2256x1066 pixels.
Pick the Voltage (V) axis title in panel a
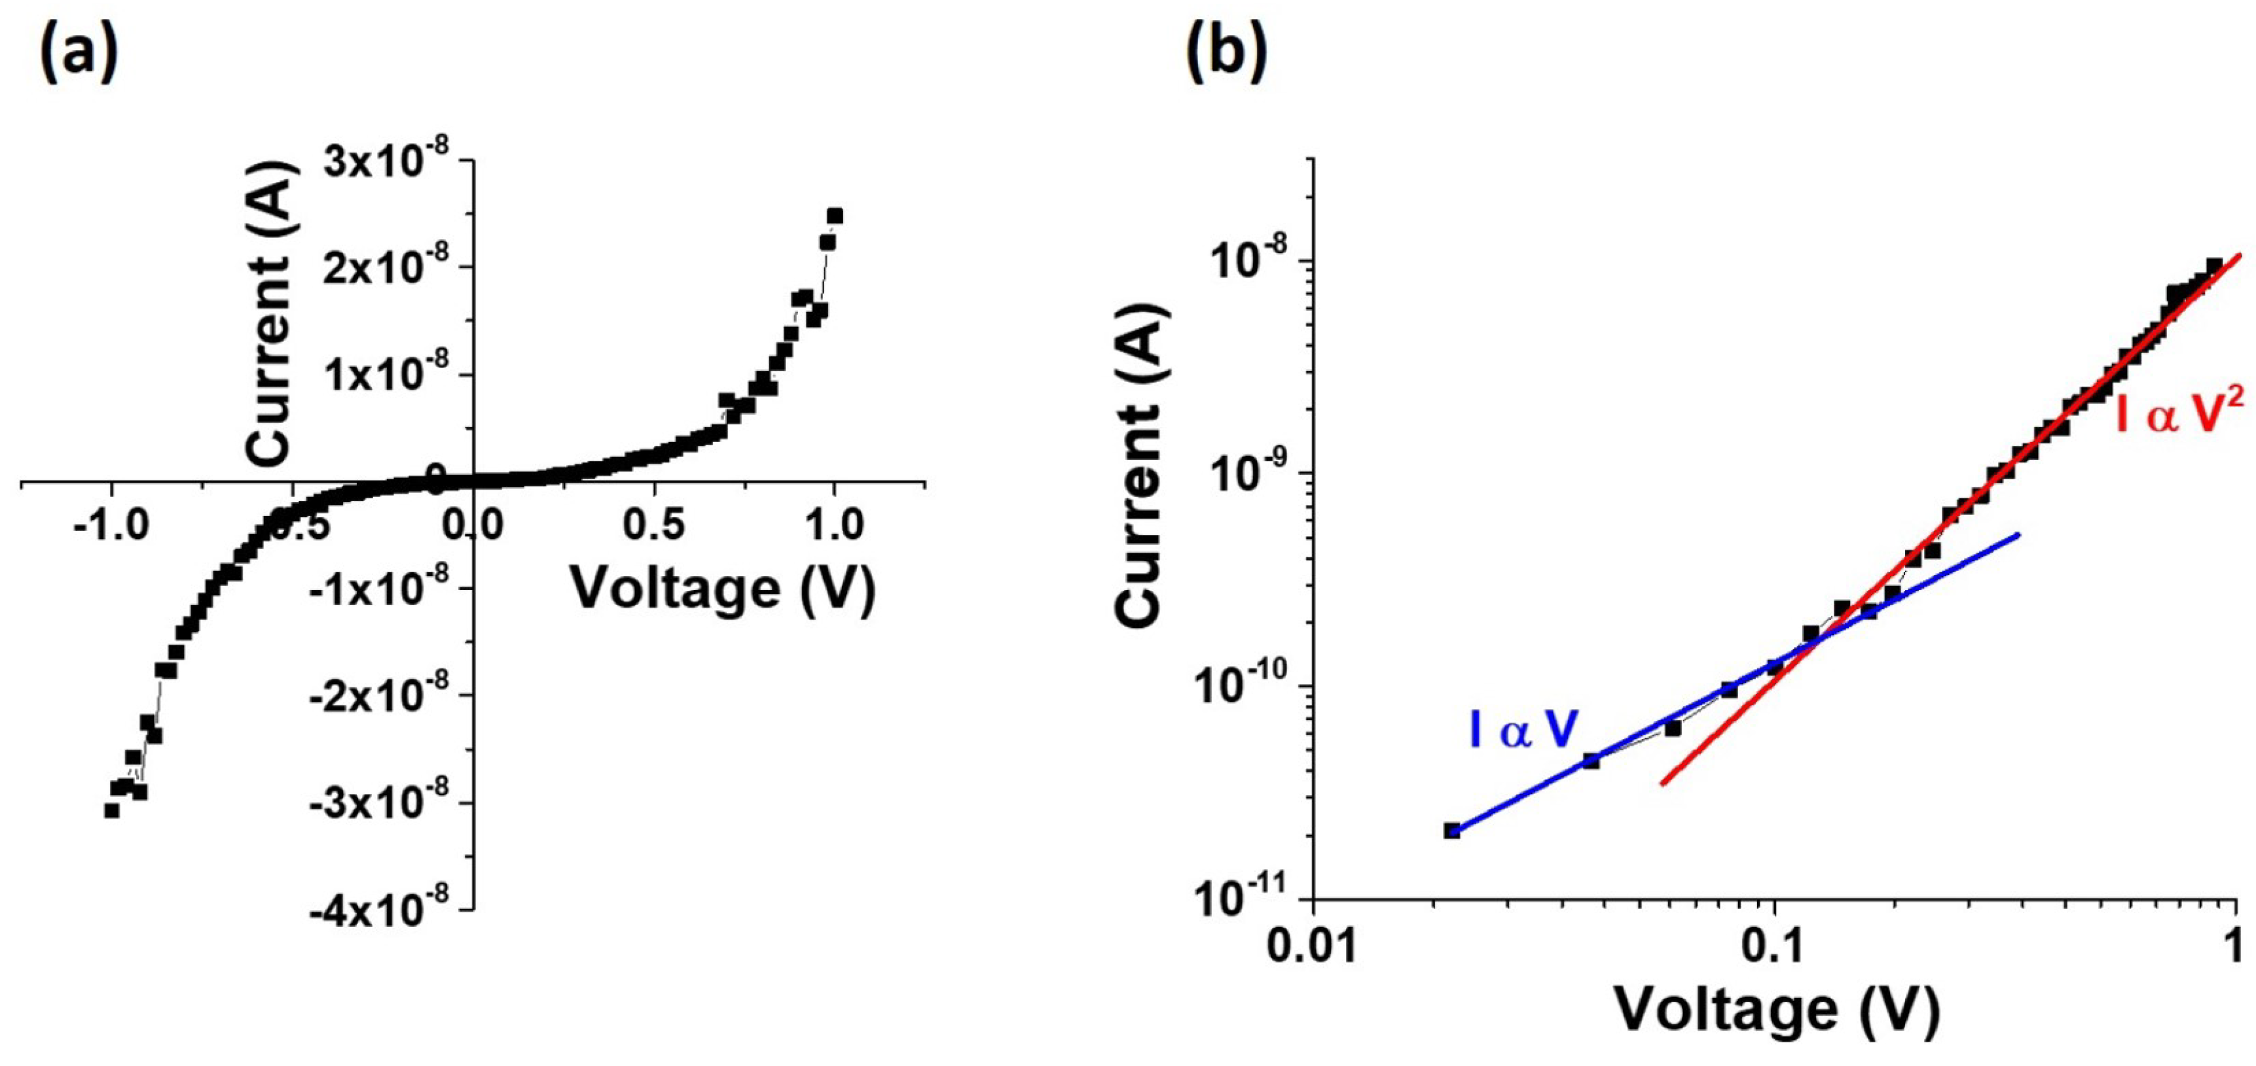tap(723, 588)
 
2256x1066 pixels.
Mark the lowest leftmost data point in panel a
tap(111, 810)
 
